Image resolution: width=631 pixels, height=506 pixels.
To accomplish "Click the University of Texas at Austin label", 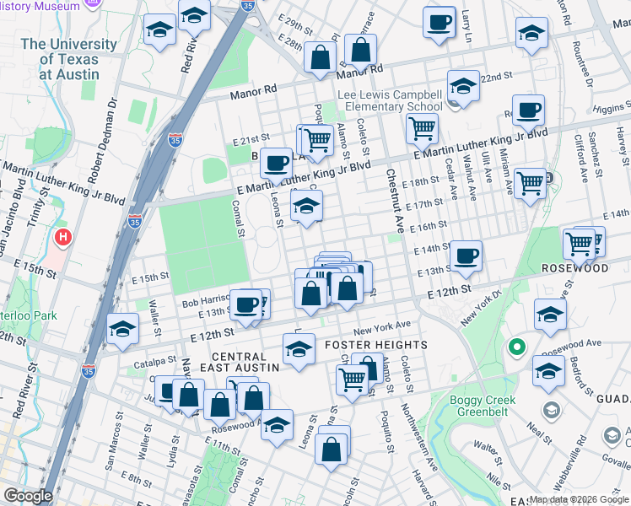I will click(x=69, y=58).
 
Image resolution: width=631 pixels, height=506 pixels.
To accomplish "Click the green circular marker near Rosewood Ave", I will click(x=516, y=347).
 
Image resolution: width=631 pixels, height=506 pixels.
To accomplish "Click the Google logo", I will click(x=28, y=496).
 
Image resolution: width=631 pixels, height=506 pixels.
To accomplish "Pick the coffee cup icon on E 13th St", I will click(x=465, y=256).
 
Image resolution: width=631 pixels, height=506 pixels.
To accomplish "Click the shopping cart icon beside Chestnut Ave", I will click(x=422, y=129).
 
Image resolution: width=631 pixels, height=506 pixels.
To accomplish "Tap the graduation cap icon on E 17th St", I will click(x=306, y=205).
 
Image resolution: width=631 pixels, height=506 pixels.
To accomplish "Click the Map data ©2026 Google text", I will click(x=579, y=500).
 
